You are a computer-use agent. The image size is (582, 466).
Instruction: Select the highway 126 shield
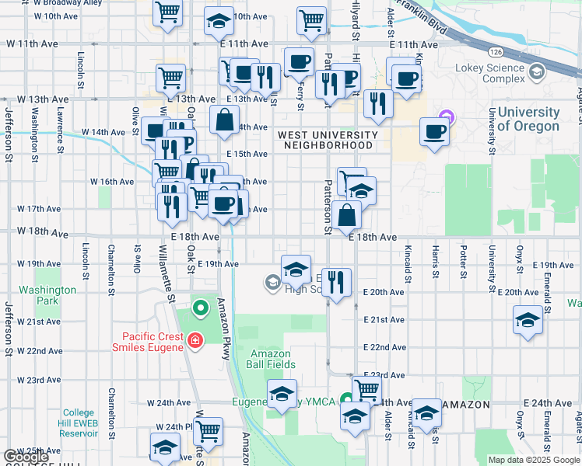[x=496, y=51]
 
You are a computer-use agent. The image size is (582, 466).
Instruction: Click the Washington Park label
[x=48, y=295]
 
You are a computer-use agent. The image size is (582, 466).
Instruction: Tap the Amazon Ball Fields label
[x=270, y=359]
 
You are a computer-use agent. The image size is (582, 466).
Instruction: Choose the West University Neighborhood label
[x=328, y=141]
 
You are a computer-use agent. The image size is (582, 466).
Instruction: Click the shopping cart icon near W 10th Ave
[x=167, y=14]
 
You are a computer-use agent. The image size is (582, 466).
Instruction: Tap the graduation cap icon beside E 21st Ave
[x=528, y=319]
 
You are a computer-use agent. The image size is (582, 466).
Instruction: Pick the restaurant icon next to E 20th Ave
[x=336, y=282]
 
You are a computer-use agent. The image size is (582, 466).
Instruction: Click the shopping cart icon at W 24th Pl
[x=208, y=429]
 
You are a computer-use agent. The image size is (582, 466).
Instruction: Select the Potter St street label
[x=463, y=263]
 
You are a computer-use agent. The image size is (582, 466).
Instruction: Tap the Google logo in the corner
[x=26, y=457]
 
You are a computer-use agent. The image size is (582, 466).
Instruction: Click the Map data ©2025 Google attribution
[x=533, y=460]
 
